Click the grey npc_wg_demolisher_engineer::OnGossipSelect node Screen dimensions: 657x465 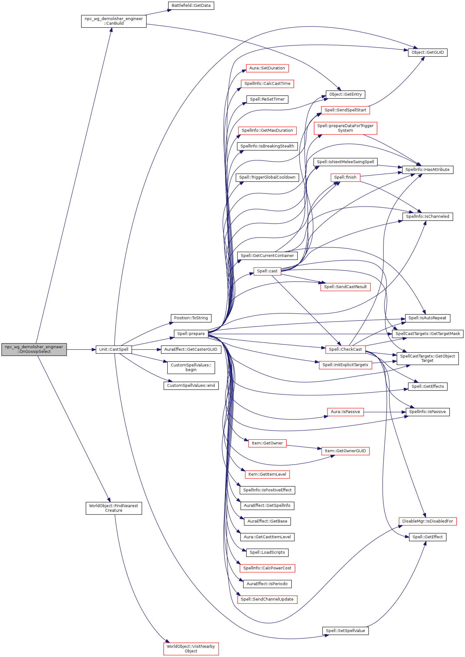coord(34,349)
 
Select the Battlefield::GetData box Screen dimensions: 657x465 coord(191,6)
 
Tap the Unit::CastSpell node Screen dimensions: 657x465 coord(114,349)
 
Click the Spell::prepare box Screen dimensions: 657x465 coord(191,334)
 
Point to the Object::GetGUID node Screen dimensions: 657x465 coord(427,52)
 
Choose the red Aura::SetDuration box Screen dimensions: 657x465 coord(267,68)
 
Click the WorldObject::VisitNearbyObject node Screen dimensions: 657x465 coord(191,649)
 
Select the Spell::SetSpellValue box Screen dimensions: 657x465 coord(345,631)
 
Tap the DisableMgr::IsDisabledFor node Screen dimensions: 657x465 coord(427,521)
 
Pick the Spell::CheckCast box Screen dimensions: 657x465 coord(345,349)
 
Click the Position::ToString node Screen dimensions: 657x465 coord(191,318)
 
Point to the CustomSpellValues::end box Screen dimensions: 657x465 coord(191,386)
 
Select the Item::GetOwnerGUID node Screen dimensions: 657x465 coord(345,451)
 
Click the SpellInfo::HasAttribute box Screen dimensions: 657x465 coord(427,170)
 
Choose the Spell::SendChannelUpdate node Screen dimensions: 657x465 coord(267,599)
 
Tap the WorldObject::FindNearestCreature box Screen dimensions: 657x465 coord(114,508)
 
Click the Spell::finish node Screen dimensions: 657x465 coord(345,177)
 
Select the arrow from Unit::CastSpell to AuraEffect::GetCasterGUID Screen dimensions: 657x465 coord(146,349)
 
